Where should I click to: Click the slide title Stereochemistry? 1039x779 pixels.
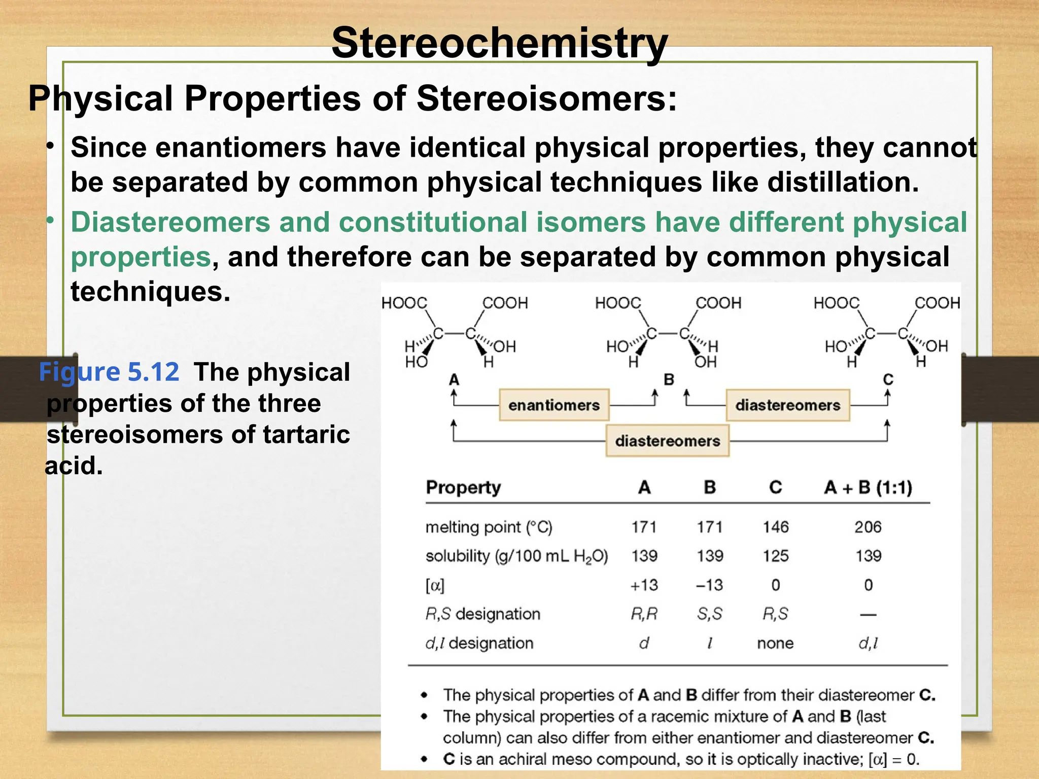tap(499, 44)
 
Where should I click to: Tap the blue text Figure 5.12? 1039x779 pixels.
tap(109, 372)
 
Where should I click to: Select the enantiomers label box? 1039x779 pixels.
tap(554, 405)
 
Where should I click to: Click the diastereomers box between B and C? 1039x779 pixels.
tap(787, 405)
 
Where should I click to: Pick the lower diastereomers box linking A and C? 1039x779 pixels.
tap(667, 441)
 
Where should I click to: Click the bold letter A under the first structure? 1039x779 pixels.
tap(454, 379)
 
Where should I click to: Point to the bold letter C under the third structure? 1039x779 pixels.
tap(888, 379)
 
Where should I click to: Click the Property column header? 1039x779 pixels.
tap(463, 487)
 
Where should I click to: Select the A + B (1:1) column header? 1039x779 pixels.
tap(868, 487)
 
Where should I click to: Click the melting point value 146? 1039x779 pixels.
tap(775, 527)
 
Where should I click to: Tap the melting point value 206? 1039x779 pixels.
tap(868, 527)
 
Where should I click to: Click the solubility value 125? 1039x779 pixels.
tap(775, 556)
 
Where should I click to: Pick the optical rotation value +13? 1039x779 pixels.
tap(644, 585)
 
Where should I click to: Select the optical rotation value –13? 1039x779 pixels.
tap(709, 585)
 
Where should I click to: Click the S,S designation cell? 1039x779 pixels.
tap(709, 614)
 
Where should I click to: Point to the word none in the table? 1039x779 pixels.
tap(775, 643)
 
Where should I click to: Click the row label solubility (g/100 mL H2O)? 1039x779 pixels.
tap(516, 556)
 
